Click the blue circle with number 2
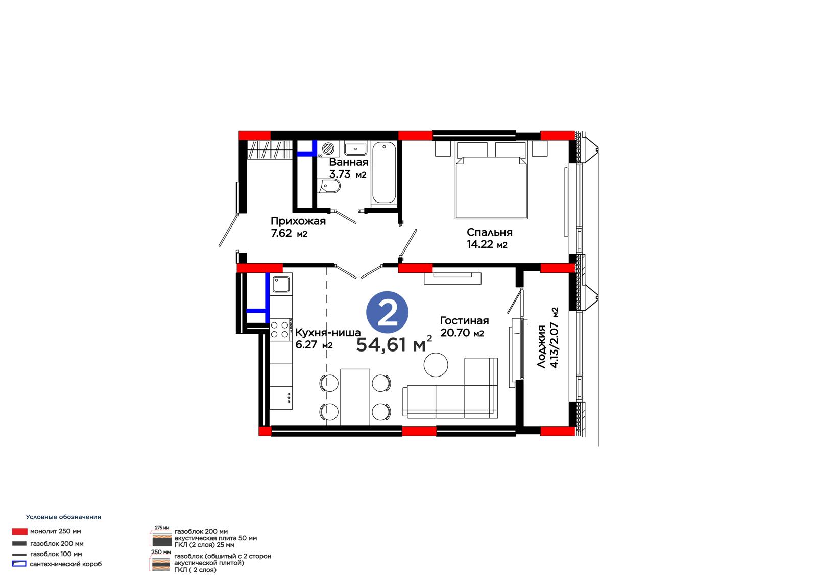(387, 312)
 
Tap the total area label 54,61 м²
(394, 344)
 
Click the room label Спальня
(490, 232)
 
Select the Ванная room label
(349, 162)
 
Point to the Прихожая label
(298, 221)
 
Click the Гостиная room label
(464, 321)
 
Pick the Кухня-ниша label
(328, 333)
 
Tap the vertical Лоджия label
(541, 346)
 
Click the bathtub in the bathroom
(383, 172)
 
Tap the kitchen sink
(281, 284)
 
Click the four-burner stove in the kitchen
(281, 330)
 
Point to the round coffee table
(436, 364)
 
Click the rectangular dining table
(355, 397)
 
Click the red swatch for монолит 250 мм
(20, 531)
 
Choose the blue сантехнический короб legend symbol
(19, 564)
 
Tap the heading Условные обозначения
(63, 517)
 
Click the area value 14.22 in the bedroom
(480, 244)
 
